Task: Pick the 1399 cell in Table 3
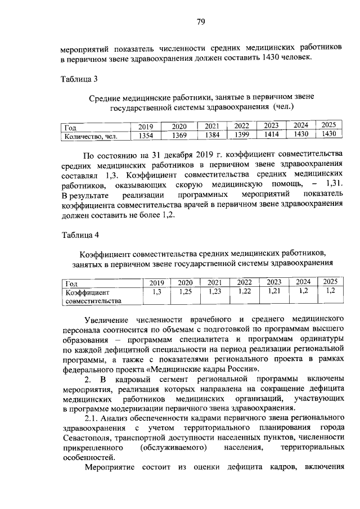(x=241, y=135)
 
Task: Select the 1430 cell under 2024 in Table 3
(x=301, y=134)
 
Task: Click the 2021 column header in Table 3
(x=212, y=127)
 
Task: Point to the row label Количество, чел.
(x=87, y=136)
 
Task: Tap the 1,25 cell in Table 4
(x=184, y=291)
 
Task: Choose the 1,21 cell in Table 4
(x=274, y=291)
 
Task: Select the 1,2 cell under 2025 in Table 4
(x=330, y=291)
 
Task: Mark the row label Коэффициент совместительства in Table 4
(x=92, y=296)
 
